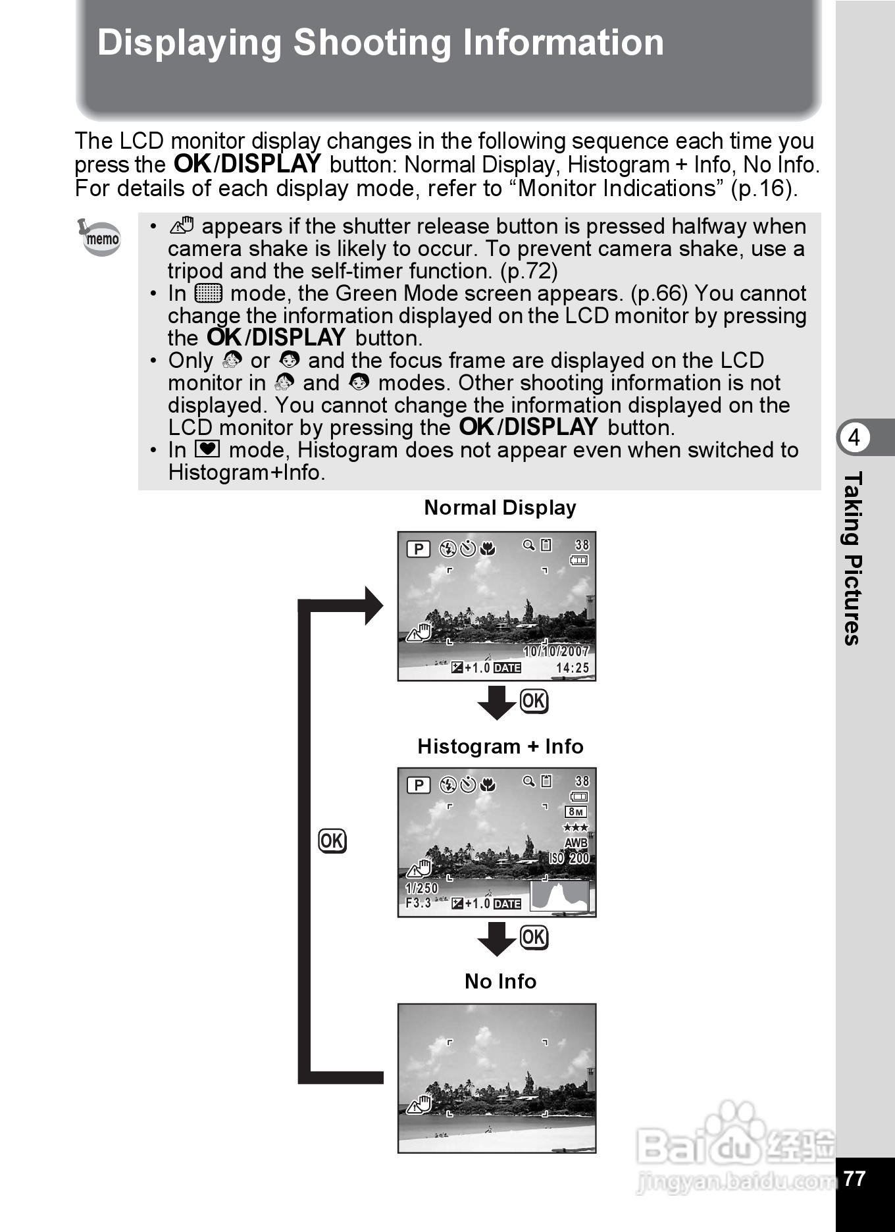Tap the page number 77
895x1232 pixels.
tap(854, 1178)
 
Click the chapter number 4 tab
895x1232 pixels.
tap(854, 438)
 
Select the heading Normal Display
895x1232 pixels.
tap(500, 508)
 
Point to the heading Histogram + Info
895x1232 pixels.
tap(500, 747)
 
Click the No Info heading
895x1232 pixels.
tap(500, 981)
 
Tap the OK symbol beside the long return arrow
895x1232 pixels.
tap(332, 841)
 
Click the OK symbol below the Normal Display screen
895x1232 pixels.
tap(534, 701)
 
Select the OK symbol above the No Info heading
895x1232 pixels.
tap(534, 937)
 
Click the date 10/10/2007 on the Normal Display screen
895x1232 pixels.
tap(556, 652)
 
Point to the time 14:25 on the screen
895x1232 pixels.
tap(573, 668)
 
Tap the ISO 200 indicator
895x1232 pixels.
tap(570, 858)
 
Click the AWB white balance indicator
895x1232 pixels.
tap(576, 843)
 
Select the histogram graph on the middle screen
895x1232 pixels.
tap(560, 896)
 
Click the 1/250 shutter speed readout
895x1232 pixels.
tap(422, 888)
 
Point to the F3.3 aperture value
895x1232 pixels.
tap(419, 903)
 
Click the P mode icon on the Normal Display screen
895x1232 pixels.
tap(419, 549)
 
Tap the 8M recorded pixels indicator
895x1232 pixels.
tap(576, 812)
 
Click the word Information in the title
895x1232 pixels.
tap(563, 43)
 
